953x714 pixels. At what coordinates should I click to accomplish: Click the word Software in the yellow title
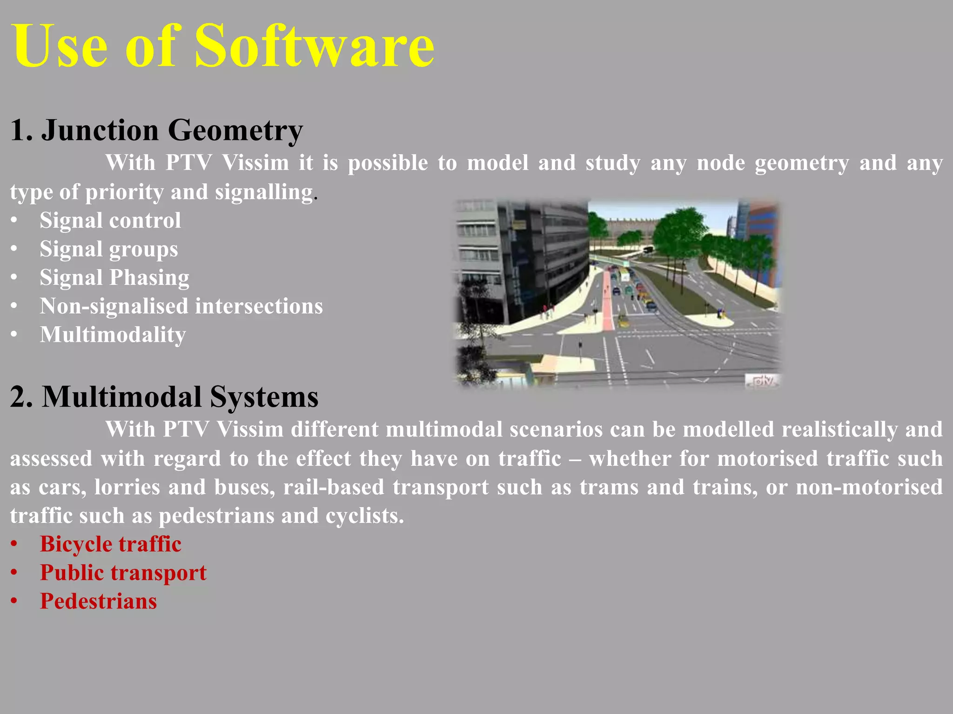[314, 46]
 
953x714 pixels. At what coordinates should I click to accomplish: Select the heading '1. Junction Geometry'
[156, 130]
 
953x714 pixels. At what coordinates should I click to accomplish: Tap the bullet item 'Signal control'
[110, 220]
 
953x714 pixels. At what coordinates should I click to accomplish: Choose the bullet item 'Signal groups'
[108, 249]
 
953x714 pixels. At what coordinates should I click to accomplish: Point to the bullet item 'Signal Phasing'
[114, 278]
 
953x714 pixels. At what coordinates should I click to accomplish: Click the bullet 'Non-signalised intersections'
[181, 306]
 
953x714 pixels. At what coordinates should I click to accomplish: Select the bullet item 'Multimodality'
[113, 335]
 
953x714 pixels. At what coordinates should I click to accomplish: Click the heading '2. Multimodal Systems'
[164, 397]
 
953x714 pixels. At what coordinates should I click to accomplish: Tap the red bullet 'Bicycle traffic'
[110, 544]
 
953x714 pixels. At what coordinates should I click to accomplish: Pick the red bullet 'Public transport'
[123, 573]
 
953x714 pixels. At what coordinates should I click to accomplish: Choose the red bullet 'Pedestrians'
[98, 601]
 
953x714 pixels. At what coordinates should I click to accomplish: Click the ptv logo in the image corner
[762, 381]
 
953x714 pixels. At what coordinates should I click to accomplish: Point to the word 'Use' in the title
[60, 46]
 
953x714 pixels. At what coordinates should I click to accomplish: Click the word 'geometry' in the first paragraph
[801, 164]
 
